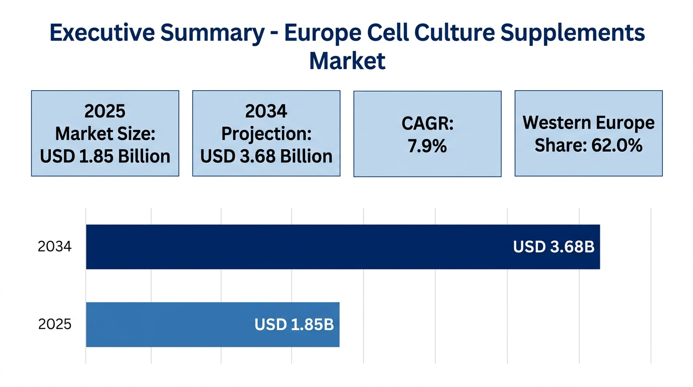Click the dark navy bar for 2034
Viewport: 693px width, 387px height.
(x=302, y=247)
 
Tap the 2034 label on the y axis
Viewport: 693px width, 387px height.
(x=54, y=247)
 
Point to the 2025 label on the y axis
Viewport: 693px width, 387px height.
(x=54, y=325)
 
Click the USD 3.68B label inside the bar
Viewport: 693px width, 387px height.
(x=553, y=247)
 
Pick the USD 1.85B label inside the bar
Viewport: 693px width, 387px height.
(x=294, y=325)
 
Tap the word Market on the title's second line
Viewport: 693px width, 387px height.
(x=347, y=61)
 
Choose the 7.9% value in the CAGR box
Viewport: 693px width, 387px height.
(x=427, y=146)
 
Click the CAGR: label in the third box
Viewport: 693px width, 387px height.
(x=427, y=124)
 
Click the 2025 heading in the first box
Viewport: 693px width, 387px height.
(x=105, y=111)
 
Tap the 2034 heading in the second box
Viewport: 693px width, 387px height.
(x=266, y=111)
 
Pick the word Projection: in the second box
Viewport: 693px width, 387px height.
(x=266, y=134)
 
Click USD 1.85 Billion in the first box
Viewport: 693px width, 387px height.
(x=105, y=156)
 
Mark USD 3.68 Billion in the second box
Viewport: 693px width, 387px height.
(x=266, y=156)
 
